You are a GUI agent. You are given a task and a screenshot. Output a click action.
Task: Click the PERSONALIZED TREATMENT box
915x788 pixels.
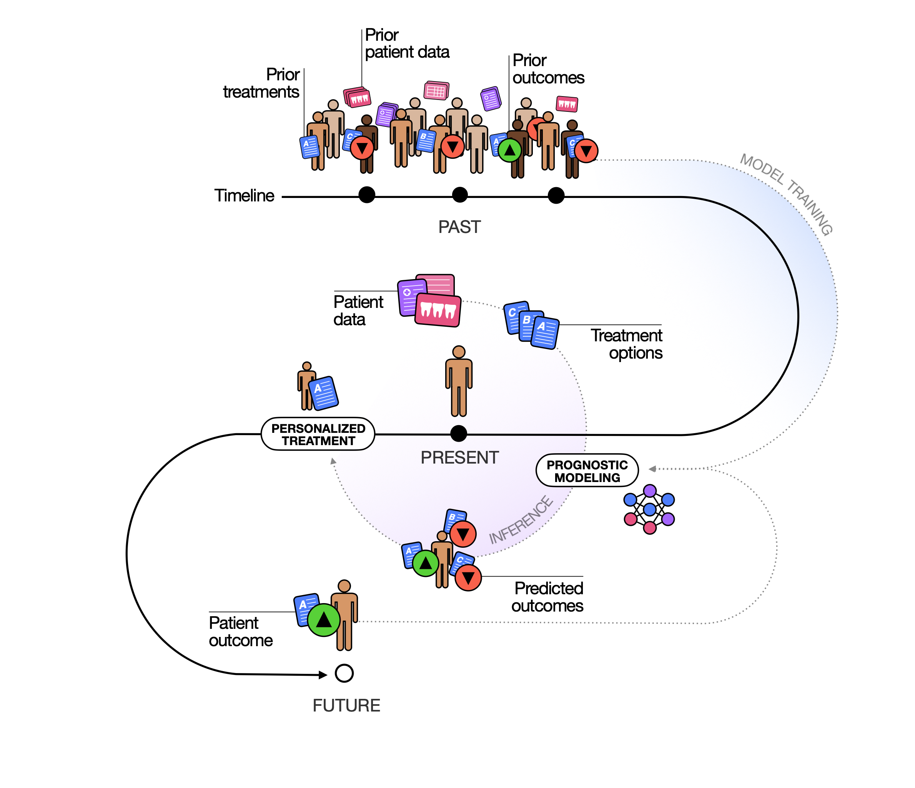coord(318,434)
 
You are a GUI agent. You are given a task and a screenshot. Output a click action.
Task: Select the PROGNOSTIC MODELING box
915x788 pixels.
coord(587,470)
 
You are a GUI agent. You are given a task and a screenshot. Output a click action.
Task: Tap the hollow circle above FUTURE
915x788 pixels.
coord(344,673)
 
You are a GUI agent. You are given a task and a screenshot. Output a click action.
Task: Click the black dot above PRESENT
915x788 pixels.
coord(459,434)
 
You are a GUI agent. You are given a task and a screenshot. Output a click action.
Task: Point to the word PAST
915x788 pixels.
coord(459,227)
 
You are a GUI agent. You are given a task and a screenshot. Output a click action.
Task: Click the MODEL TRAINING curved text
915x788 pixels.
coord(787,194)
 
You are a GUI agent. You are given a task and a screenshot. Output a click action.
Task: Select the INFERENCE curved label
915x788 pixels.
coord(521,520)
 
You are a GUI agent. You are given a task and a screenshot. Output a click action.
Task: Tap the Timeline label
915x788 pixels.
coord(244,196)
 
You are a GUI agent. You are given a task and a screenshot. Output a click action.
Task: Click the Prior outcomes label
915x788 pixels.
coord(548,69)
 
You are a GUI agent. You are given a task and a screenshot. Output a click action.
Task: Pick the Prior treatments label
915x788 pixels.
coord(261,83)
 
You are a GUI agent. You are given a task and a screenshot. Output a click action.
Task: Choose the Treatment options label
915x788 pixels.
coord(627,344)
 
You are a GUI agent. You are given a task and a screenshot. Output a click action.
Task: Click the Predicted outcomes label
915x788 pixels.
coord(547,597)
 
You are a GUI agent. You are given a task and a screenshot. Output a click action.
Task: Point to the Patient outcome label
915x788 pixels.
coord(241,632)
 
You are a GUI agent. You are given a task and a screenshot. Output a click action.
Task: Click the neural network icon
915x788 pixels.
coord(649,509)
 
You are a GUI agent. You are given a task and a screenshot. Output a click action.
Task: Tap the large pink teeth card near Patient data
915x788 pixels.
coord(438,310)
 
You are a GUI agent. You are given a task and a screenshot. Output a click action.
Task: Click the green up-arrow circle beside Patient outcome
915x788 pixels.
coord(324,620)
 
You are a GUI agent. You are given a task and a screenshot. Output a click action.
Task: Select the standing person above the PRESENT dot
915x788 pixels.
coord(459,381)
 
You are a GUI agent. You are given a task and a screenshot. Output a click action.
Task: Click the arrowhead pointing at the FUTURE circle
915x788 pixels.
coord(323,675)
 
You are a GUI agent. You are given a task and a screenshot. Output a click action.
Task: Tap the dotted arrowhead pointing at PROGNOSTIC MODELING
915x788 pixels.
coord(652,469)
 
